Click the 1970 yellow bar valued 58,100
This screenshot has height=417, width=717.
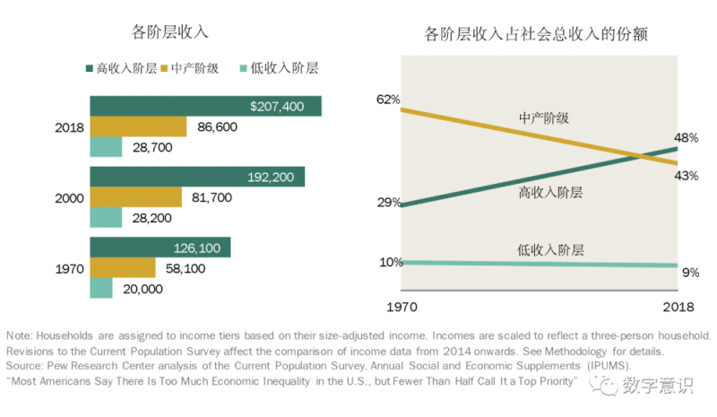pos(122,267)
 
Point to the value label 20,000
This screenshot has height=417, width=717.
pos(141,289)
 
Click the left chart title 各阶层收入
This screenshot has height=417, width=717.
pos(170,33)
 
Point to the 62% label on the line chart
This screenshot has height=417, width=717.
pos(388,100)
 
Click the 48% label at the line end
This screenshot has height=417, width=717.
pos(687,138)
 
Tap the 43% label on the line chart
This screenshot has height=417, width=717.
pos(687,176)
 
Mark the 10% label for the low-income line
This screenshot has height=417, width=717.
pos(390,262)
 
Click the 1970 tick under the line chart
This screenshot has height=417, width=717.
pos(402,307)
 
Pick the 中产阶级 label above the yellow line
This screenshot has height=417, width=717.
pos(545,117)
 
